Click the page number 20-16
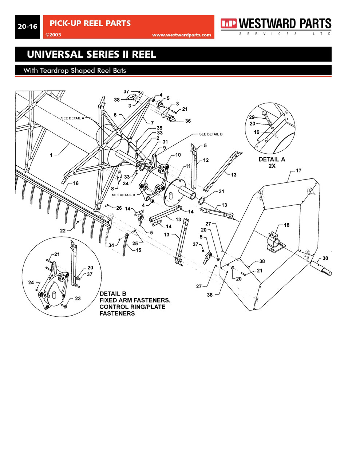28,27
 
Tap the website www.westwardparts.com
181,35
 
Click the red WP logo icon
228,24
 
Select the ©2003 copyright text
53,35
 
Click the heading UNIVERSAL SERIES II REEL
91,55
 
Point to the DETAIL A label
272,159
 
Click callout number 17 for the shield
298,170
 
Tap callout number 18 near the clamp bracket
286,225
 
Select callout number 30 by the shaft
325,258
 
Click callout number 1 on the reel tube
51,155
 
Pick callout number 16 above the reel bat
76,183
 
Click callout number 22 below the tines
63,231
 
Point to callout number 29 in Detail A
252,117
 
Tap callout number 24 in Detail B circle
31,283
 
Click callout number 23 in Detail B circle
78,299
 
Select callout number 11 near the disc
188,166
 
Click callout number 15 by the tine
138,250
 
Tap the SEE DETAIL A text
72,118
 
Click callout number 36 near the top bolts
188,121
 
